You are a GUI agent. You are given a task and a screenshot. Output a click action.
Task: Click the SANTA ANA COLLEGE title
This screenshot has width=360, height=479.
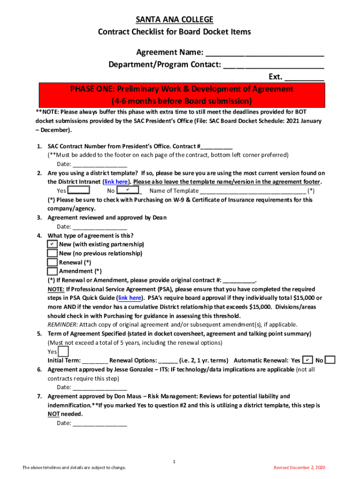(174, 19)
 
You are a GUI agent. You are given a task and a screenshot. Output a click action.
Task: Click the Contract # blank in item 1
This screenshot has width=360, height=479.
(218, 146)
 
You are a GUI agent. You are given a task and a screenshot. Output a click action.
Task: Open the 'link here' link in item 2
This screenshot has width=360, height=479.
(116, 181)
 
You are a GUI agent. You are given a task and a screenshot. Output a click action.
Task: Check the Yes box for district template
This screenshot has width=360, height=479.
(79, 190)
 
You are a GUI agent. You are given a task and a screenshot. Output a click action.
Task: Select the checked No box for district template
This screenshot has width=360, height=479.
(128, 190)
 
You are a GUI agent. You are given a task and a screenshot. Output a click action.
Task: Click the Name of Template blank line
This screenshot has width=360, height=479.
(253, 191)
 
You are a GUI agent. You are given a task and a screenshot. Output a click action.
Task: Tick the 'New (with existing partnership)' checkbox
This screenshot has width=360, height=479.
(52, 244)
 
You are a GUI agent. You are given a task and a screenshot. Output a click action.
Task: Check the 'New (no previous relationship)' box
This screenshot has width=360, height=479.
(52, 253)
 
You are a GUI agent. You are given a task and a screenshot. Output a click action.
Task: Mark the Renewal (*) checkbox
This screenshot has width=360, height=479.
(52, 262)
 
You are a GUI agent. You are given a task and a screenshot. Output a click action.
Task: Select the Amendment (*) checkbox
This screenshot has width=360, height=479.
(52, 271)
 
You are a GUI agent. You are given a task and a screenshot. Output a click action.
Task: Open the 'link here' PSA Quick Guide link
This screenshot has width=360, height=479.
(130, 298)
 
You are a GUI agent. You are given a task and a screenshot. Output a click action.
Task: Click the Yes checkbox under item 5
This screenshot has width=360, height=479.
(63, 351)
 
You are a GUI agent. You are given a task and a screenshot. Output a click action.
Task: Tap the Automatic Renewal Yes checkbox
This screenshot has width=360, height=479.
(308, 360)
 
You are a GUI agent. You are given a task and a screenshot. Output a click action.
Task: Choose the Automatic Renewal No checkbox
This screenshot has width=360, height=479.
(330, 360)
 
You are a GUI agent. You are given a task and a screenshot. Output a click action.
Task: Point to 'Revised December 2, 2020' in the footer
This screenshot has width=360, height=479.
(299, 468)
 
